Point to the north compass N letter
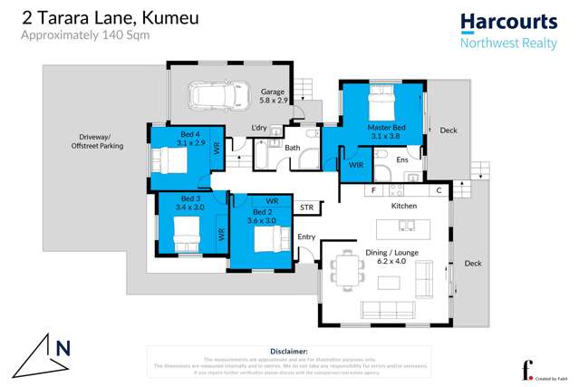[x=63, y=347]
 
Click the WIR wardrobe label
[x=356, y=166]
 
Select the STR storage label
[x=307, y=208]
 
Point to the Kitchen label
[x=403, y=207]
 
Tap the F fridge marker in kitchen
[x=372, y=191]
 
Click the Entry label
[x=306, y=237]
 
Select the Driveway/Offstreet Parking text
[x=98, y=141]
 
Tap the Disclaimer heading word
[x=289, y=350]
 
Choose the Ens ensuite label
[x=401, y=160]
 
